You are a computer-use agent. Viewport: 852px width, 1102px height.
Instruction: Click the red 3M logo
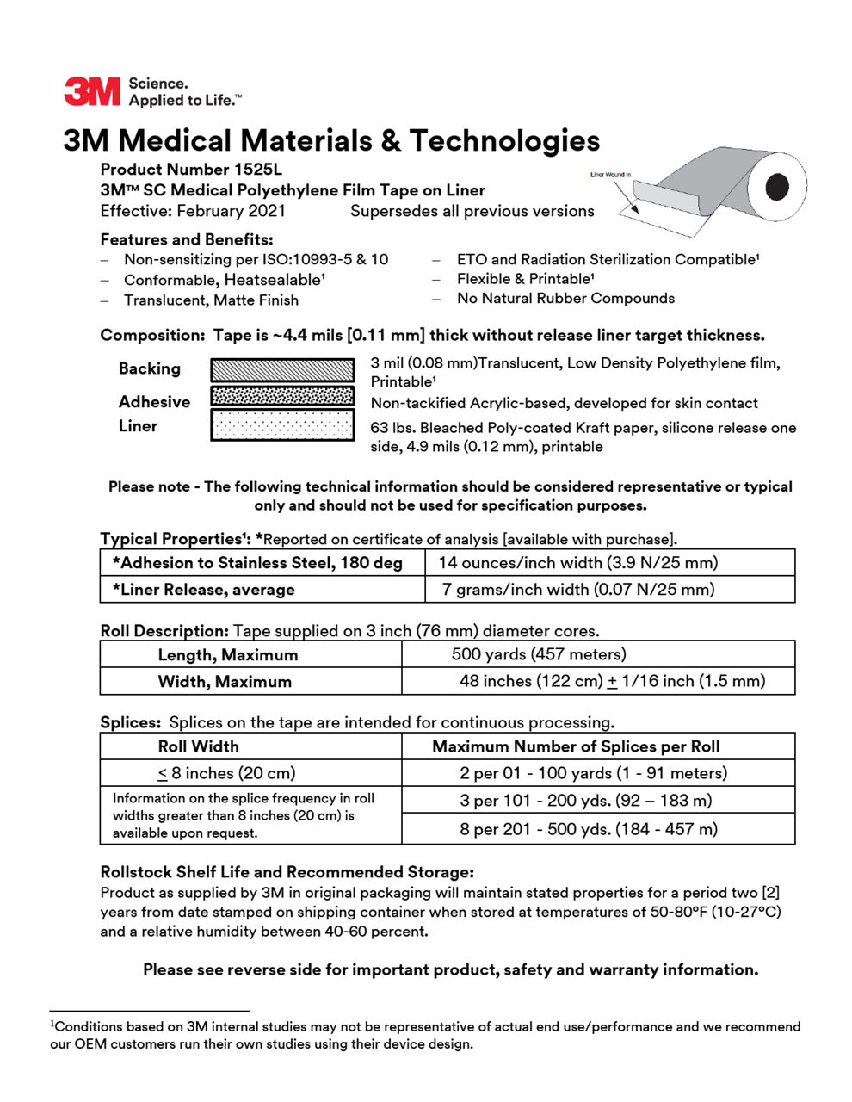92,91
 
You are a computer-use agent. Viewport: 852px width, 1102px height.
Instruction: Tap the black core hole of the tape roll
777,185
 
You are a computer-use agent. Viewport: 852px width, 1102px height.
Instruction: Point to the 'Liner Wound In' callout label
610,175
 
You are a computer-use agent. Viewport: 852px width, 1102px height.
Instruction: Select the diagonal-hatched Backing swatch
282,369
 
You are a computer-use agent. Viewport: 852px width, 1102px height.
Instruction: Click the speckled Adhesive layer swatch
282,396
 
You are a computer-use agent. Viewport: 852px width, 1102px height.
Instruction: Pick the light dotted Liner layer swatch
282,424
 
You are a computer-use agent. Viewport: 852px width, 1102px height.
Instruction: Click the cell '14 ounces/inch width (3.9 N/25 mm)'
577,563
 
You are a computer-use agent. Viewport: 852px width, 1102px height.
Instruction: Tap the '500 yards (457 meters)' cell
539,654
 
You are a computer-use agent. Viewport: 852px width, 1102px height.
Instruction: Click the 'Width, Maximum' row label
225,682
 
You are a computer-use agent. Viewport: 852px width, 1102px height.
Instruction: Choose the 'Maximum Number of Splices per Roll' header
576,746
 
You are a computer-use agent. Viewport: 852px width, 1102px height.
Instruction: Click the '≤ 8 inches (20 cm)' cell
226,773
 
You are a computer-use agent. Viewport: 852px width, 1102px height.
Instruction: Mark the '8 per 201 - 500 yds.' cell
588,829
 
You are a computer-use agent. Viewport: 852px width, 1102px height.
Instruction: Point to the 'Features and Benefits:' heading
186,239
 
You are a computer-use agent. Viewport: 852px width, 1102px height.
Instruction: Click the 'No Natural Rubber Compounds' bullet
565,299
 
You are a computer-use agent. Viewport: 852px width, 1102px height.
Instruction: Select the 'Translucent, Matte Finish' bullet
211,300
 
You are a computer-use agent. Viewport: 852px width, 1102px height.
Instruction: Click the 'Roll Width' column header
198,746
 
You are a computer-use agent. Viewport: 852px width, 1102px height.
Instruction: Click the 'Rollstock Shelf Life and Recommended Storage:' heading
287,872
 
